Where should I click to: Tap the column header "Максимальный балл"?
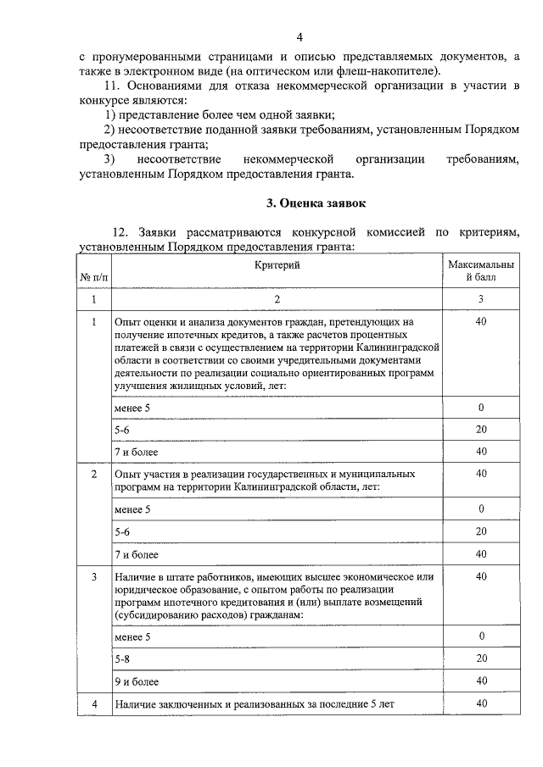tap(481, 271)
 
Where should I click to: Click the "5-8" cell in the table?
tap(122, 658)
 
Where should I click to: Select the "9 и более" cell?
tap(137, 681)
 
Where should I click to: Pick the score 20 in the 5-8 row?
tap(481, 658)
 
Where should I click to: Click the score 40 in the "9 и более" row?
tap(481, 681)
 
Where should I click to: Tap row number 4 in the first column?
tap(94, 703)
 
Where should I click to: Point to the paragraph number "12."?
tap(120, 232)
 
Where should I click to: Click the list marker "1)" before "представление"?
tap(110, 114)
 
